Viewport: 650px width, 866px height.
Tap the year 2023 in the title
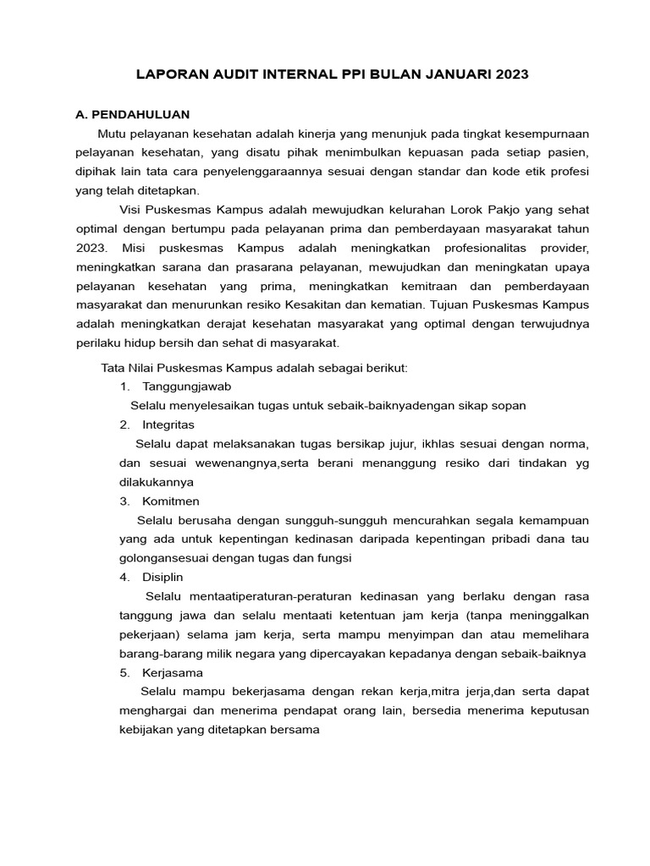[510, 74]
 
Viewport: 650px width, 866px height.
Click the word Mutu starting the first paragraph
[114, 134]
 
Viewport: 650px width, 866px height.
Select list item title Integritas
[168, 424]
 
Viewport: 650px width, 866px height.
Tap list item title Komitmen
[171, 501]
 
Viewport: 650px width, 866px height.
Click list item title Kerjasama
[173, 672]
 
